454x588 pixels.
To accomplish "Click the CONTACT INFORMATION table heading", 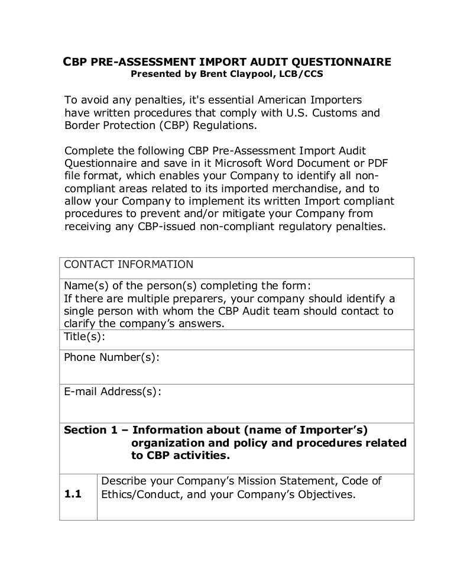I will tap(128, 264).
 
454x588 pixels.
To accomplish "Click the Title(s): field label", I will tap(85, 336).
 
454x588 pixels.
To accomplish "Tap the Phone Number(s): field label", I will tap(111, 358).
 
